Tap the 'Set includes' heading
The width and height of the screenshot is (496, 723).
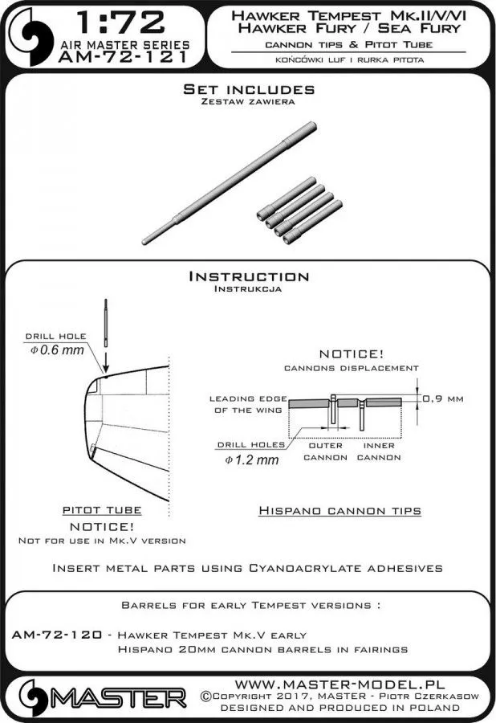(x=248, y=89)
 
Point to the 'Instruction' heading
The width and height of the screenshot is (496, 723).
(x=248, y=276)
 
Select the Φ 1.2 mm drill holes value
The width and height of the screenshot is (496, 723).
(x=252, y=460)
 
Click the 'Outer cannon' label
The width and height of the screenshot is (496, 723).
(x=325, y=451)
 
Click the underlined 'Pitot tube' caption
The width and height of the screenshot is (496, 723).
(x=102, y=510)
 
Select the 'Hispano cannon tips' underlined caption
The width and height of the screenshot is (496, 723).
(x=339, y=510)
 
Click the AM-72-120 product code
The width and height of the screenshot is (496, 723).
(x=56, y=634)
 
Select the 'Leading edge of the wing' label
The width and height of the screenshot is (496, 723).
(x=245, y=404)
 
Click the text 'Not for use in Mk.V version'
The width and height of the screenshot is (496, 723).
(x=102, y=541)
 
